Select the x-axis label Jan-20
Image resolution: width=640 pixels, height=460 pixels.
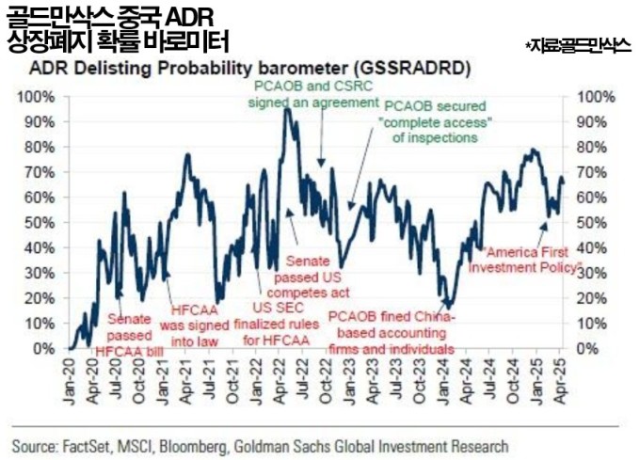coord(71,384)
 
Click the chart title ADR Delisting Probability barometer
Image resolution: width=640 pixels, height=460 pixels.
coord(250,69)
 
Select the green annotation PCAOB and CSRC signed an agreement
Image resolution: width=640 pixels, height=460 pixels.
coord(307,94)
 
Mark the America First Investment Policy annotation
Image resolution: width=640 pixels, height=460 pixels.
coord(530,260)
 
